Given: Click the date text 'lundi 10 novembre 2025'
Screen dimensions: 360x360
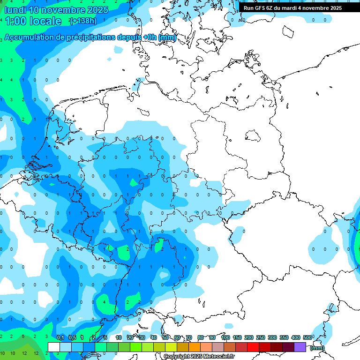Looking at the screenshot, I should [x=56, y=10].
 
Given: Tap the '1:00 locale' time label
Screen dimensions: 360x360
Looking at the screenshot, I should [x=33, y=21].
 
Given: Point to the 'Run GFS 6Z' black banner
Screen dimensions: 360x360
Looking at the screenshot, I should [x=292, y=8].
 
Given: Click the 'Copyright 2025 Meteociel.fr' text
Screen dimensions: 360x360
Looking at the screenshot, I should [x=199, y=357].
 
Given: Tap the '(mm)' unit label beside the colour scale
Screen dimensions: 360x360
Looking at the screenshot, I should [x=317, y=348].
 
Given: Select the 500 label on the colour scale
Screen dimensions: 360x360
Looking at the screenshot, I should [x=307, y=337].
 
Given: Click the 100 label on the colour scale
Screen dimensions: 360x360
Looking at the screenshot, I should [x=225, y=337].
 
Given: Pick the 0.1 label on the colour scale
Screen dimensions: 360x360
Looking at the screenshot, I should [x=60, y=337].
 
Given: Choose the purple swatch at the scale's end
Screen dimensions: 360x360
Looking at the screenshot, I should [x=300, y=347].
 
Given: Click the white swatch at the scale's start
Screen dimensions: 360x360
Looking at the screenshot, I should [x=54, y=347].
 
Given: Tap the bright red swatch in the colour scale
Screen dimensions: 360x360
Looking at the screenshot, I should [x=253, y=347].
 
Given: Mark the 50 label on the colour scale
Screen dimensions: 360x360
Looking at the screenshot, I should [x=165, y=337].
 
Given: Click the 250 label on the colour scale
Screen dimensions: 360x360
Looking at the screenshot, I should [x=261, y=337].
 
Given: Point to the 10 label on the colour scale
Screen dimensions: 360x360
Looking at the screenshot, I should [x=119, y=337].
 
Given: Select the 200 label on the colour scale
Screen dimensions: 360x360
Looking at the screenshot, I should [x=249, y=337].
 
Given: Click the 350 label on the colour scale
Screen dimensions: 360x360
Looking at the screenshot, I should [x=284, y=337].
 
